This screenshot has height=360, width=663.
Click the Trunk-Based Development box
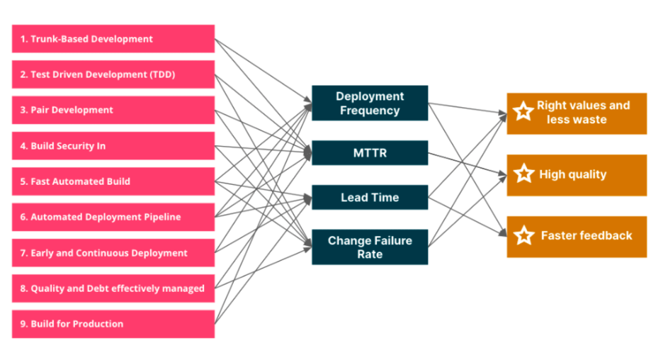pos(113,39)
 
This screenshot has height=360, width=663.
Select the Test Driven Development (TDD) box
pos(113,74)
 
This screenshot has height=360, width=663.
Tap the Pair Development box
pos(113,110)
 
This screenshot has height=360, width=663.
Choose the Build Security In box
pos(113,146)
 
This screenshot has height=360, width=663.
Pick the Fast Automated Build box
pos(113,181)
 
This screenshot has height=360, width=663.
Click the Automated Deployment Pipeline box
pos(113,217)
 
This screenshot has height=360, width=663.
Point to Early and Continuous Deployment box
pos(113,253)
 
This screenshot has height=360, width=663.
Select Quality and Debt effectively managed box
pos(113,288)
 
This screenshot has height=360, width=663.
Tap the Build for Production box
pos(113,324)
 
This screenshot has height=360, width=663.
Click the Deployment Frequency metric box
pos(370,103)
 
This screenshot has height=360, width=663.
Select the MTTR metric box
pos(370,152)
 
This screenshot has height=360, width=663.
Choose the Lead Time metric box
pos(370,197)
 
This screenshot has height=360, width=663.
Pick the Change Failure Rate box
pos(370,247)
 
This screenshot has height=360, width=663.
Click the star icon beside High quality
pos(524,174)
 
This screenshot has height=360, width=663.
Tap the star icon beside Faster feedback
pos(524,235)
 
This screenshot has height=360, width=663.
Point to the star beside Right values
pos(523,111)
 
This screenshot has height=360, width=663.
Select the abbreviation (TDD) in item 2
pos(162,74)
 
